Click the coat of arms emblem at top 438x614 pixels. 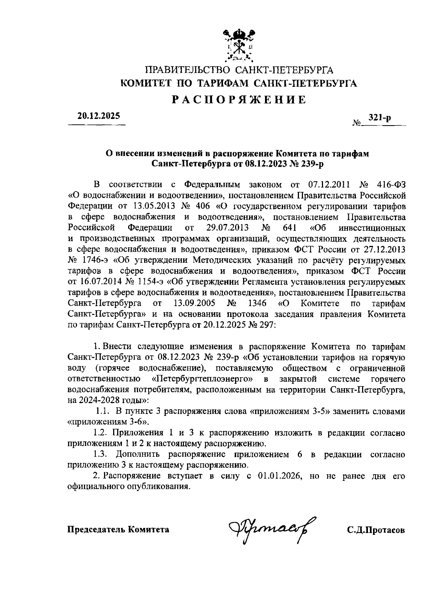pos(239,45)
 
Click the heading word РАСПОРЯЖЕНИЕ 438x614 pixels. pos(239,100)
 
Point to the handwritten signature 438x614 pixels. pos(272,528)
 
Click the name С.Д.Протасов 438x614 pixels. pos(376,530)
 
